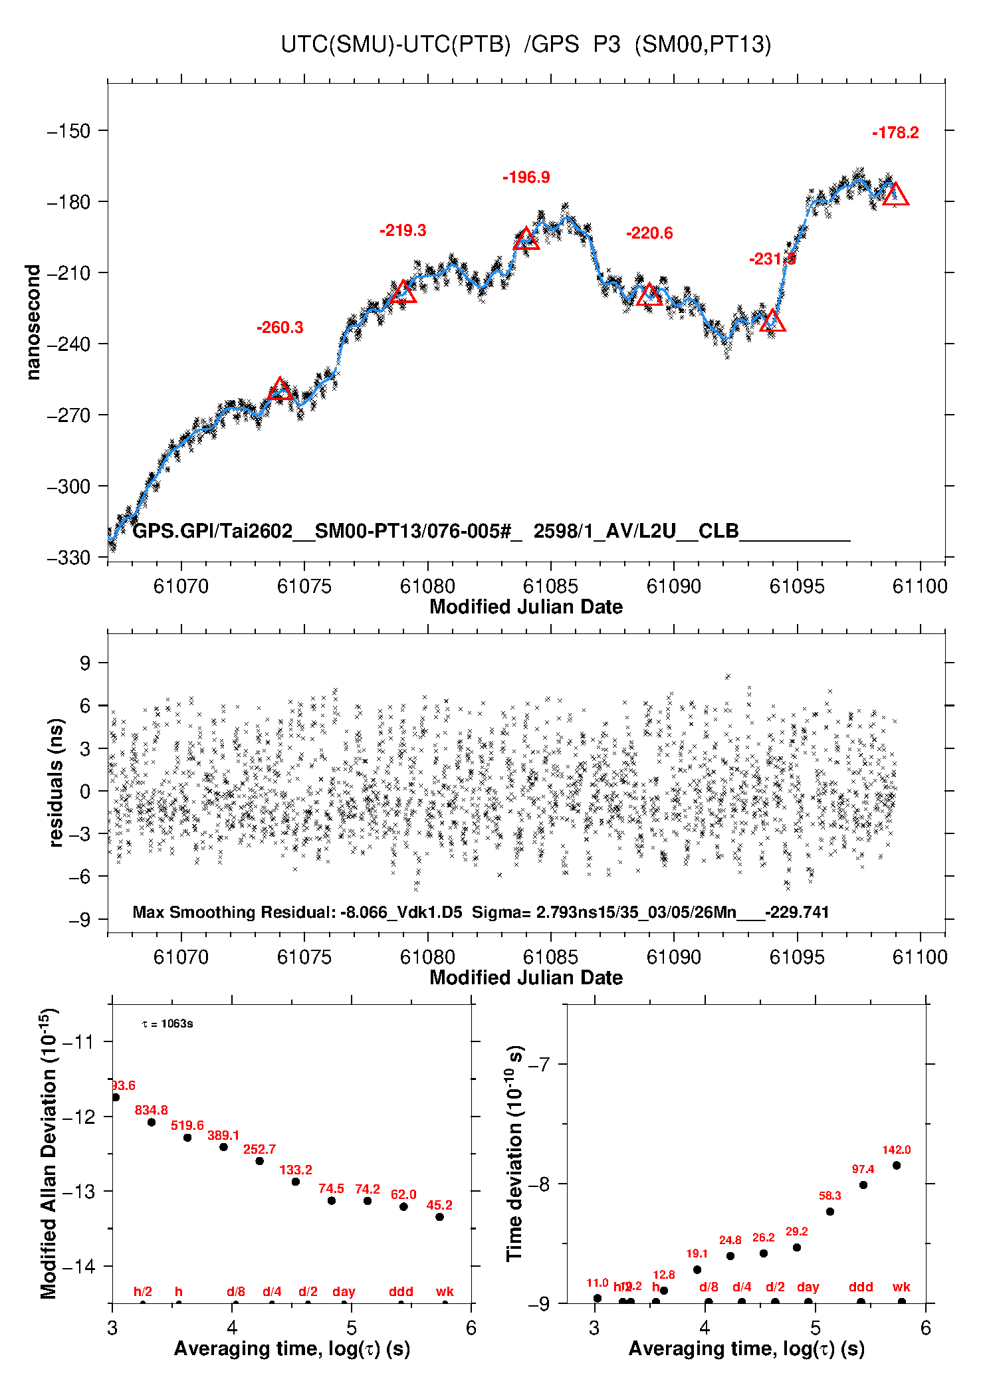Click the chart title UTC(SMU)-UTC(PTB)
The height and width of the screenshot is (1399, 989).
coord(395,45)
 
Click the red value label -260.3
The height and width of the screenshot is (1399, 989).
coord(280,328)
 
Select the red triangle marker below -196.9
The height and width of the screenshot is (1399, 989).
coord(526,239)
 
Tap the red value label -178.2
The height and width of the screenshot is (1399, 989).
coord(895,133)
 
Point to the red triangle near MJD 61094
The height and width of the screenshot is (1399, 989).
coord(772,321)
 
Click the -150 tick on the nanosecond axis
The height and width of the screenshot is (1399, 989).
coord(68,131)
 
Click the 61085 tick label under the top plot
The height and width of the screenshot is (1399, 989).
coord(550,586)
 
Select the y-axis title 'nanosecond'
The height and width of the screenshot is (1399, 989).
coord(33,322)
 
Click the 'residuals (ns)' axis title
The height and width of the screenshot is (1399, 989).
coord(56,782)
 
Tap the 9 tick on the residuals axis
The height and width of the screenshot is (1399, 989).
coord(85,663)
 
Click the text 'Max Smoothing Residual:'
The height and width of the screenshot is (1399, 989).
coord(234,912)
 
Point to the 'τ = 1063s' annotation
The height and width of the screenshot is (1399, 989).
coord(167,1024)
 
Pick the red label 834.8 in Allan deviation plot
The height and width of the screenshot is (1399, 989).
coord(152,1110)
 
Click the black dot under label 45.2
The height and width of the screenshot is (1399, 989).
coord(439,1217)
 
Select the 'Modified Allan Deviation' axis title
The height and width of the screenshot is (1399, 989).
coord(48,1154)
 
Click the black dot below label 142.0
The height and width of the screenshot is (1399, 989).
coord(896,1165)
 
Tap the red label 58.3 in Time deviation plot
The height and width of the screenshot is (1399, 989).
coord(829,1196)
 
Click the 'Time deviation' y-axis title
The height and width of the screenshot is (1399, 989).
coord(514,1154)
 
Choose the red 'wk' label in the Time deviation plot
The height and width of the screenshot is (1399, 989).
coord(901,1287)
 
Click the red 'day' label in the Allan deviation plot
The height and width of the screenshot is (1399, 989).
coord(344,1292)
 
